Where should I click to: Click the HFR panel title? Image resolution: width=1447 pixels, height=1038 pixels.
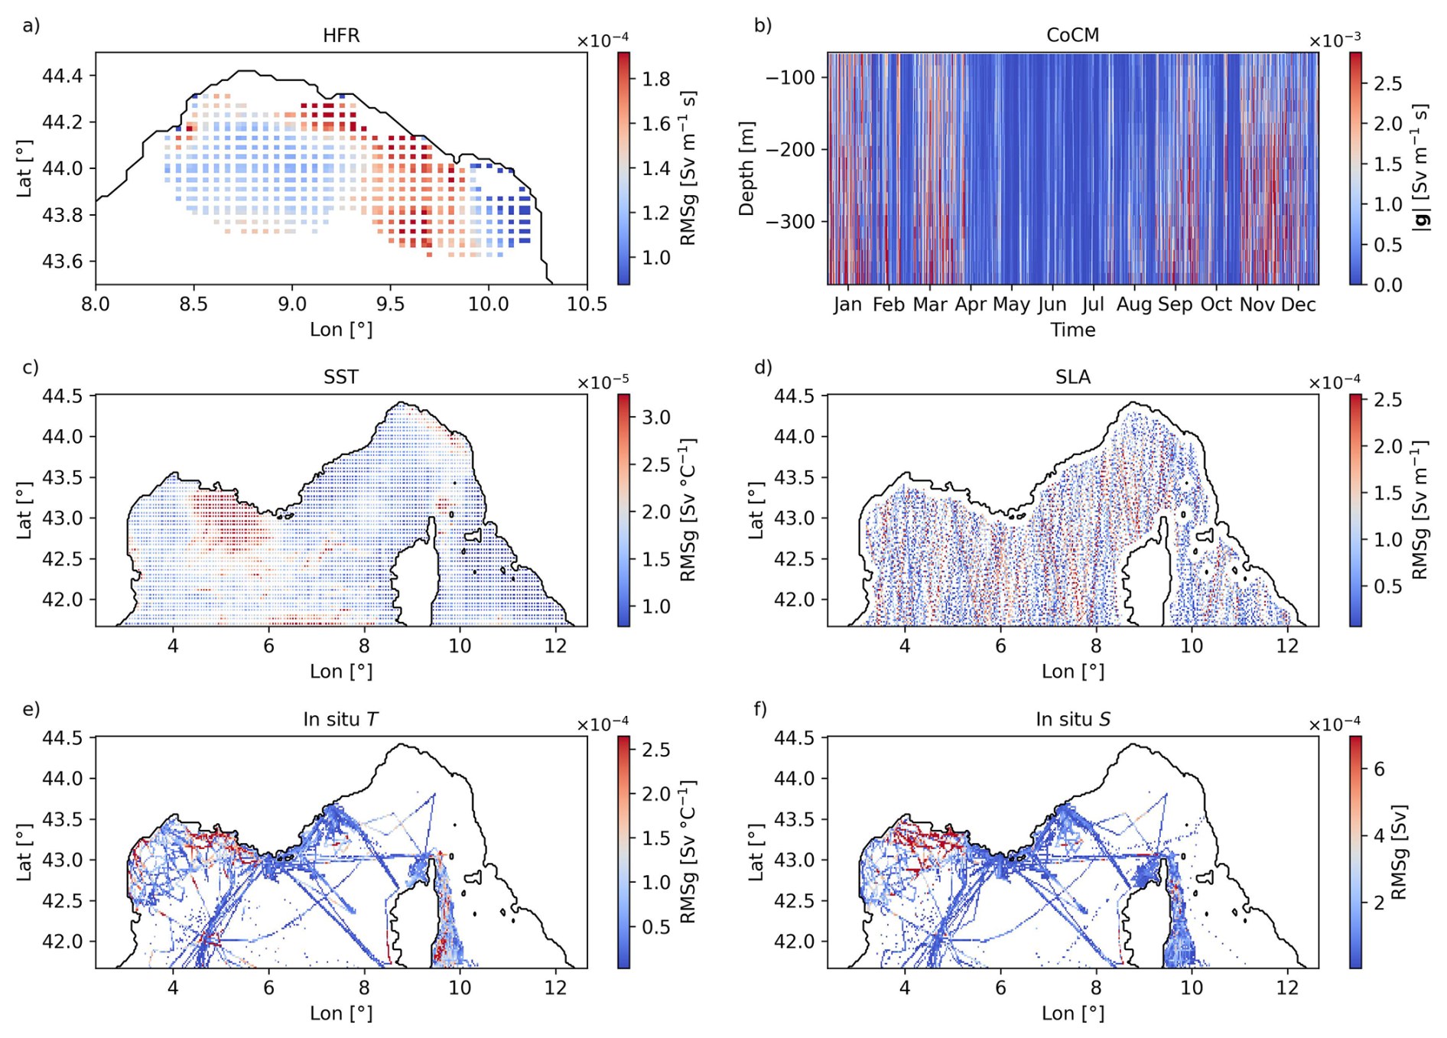341,36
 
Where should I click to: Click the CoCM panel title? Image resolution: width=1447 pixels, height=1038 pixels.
1072,36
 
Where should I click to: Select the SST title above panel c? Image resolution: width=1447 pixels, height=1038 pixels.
341,377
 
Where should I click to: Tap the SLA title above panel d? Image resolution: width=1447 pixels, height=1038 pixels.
1072,377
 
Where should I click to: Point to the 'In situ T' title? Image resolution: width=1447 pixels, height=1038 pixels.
341,719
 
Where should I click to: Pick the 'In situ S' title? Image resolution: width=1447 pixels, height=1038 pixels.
1072,719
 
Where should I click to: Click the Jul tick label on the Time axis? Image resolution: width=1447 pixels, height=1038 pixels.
1093,304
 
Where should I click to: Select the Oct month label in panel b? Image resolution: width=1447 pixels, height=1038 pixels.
1216,304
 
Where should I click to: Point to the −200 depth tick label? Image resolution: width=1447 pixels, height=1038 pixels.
790,150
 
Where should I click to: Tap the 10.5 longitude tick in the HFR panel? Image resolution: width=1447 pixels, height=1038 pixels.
587,304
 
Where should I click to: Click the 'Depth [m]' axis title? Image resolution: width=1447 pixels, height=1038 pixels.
746,168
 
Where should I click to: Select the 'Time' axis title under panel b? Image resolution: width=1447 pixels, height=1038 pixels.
1072,330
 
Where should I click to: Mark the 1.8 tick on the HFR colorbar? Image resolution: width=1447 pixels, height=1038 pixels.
656,80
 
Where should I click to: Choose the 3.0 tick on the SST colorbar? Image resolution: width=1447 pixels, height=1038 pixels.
656,418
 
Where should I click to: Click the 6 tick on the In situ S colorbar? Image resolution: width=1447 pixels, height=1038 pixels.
1379,770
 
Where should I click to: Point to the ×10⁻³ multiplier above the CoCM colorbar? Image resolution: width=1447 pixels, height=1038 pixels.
1335,41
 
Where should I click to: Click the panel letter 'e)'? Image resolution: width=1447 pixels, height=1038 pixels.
31,709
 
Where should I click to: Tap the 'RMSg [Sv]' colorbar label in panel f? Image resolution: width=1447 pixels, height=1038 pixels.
1399,852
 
